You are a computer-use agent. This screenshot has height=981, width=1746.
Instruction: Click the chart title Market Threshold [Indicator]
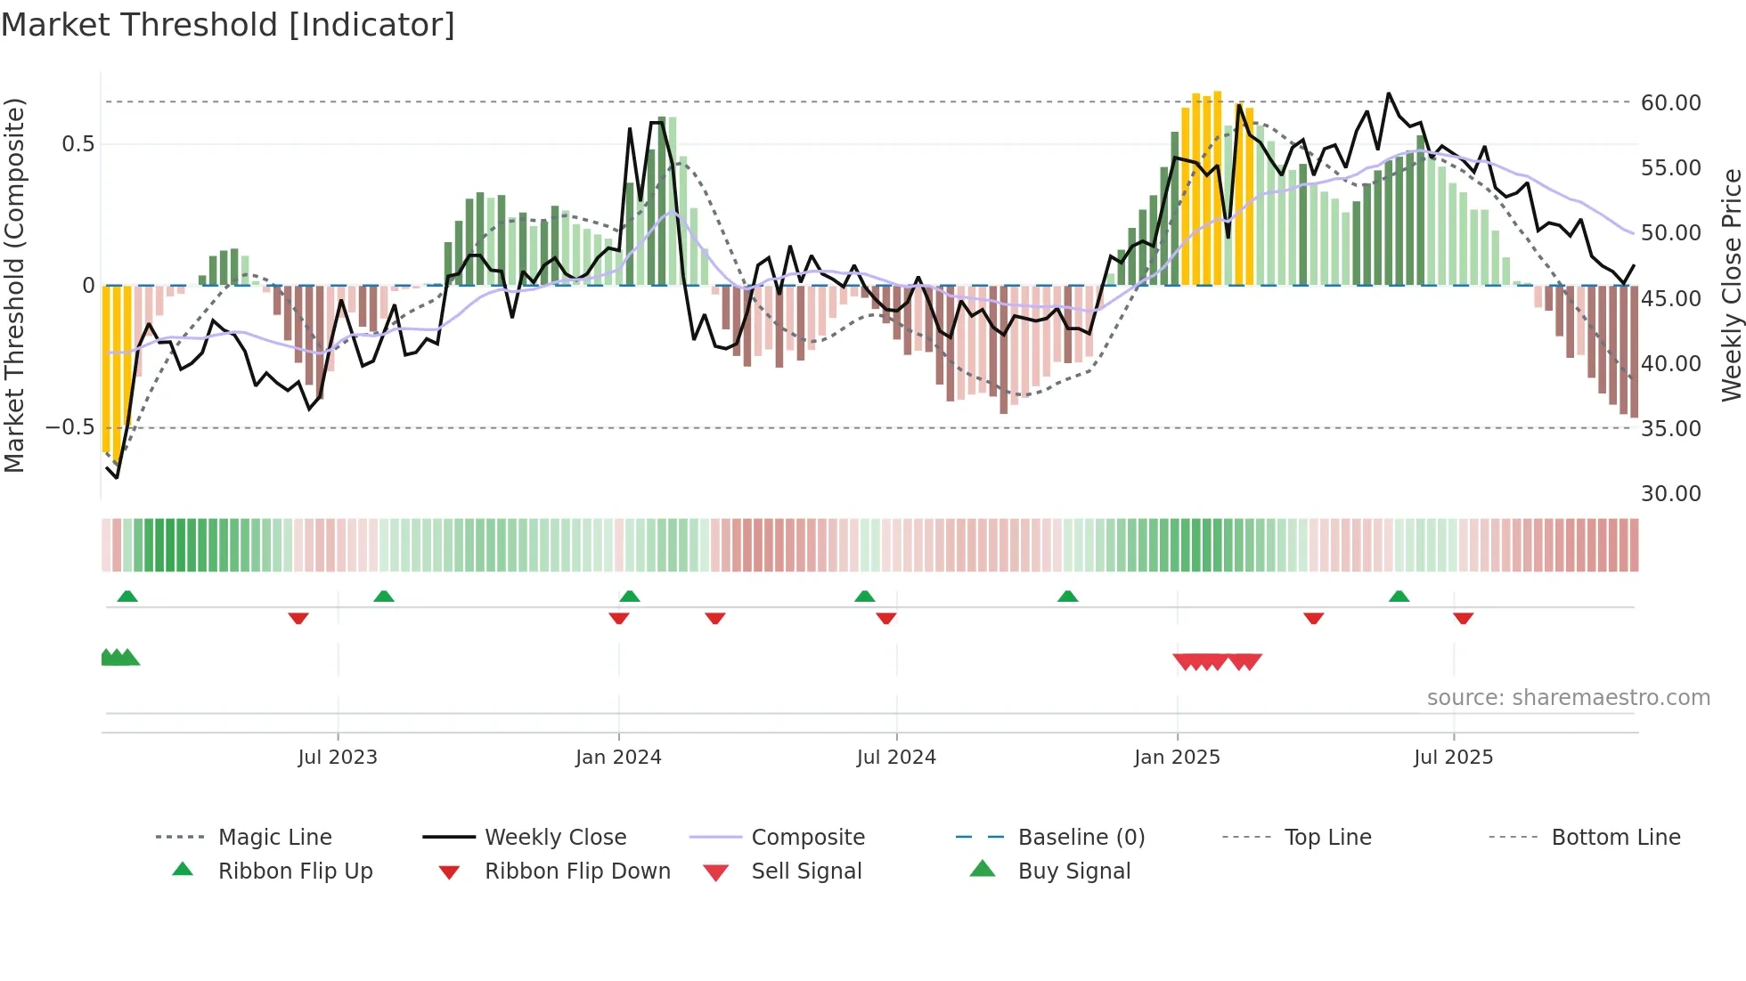tap(228, 25)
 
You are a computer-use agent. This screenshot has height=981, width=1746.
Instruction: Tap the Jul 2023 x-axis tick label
tap(338, 758)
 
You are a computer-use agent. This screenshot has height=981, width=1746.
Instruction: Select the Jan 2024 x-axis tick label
tap(618, 758)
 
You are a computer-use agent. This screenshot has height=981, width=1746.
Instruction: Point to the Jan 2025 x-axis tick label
tap(1177, 758)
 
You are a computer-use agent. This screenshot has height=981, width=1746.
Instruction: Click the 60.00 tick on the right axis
tap(1670, 102)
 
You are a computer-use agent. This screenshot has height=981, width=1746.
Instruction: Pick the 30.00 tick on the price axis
tap(1670, 493)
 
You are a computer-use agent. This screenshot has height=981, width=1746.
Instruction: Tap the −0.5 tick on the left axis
tap(70, 427)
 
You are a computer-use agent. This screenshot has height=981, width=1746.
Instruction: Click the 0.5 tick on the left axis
tap(78, 143)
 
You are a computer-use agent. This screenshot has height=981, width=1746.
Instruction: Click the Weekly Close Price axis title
tap(1731, 285)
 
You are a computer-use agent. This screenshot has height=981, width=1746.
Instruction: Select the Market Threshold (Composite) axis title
tap(14, 285)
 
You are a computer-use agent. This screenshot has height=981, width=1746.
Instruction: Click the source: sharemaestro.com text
tap(1568, 697)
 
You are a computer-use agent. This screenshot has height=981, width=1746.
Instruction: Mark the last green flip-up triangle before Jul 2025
tap(1399, 596)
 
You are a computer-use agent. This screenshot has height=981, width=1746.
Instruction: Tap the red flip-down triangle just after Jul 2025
tap(1463, 618)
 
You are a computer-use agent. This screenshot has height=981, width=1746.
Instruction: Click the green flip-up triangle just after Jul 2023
tap(384, 596)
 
